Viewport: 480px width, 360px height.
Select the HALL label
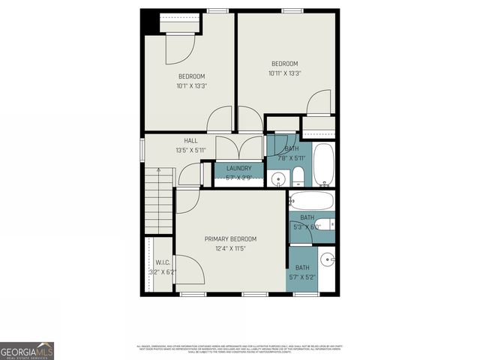coord(190,140)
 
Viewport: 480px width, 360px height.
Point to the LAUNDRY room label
coord(238,169)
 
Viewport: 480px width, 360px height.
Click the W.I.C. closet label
coord(163,262)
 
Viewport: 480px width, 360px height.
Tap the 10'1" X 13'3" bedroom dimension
coord(191,86)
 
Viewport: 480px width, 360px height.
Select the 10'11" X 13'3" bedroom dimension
coord(284,73)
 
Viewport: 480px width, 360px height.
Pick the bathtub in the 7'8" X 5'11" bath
coord(323,163)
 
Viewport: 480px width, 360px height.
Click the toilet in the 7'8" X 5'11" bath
coord(298,177)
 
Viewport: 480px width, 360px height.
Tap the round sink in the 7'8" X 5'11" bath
coord(277,178)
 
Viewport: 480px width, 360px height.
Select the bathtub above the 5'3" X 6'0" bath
coord(311,201)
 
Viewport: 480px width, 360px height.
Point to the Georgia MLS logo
coord(27,350)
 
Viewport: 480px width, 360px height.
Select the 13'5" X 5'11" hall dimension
coord(190,150)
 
